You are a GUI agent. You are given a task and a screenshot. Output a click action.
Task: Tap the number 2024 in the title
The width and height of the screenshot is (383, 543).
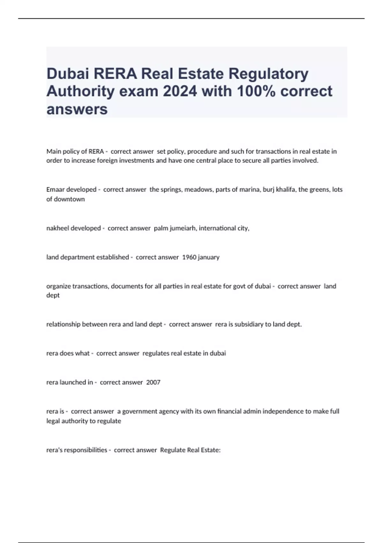tap(180, 91)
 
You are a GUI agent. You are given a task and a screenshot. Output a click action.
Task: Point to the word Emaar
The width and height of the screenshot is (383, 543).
tap(55, 189)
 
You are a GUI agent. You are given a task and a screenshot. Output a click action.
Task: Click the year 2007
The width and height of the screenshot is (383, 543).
tap(153, 382)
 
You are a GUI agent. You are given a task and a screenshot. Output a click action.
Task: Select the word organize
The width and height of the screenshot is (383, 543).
tap(58, 286)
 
